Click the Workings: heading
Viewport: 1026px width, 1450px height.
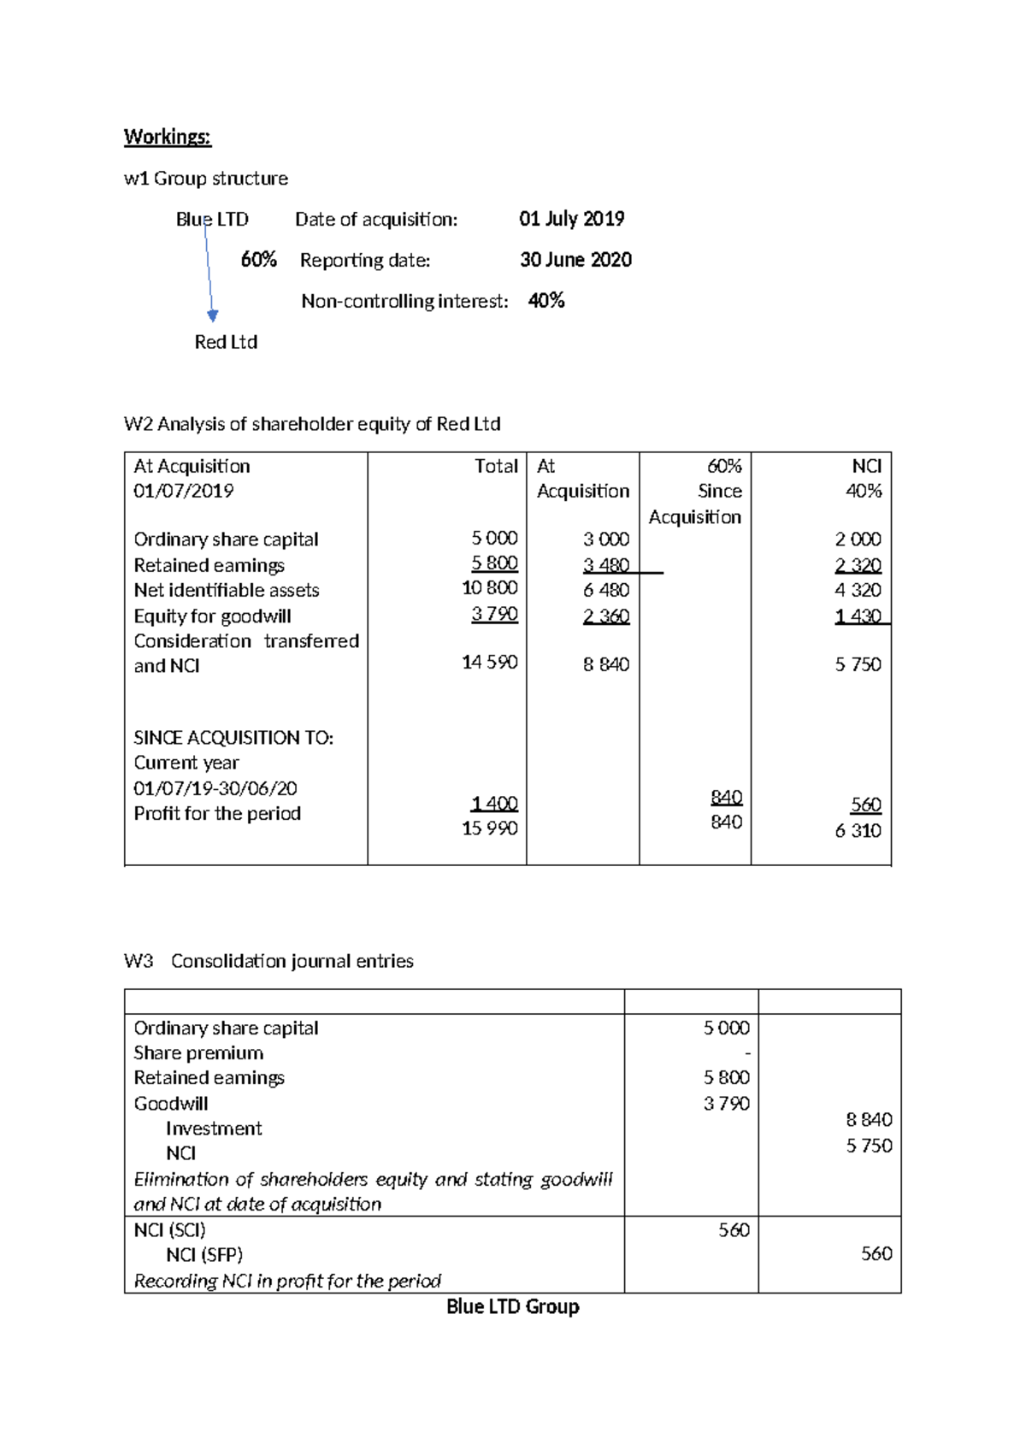tap(167, 137)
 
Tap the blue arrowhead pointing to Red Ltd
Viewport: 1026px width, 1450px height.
tap(213, 315)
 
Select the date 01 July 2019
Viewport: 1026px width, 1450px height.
tap(571, 219)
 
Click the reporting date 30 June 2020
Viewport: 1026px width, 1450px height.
tap(575, 260)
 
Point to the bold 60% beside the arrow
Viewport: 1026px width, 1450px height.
tap(258, 260)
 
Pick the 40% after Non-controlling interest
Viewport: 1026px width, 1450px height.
tap(546, 301)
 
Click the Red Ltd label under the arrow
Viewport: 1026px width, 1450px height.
tap(226, 342)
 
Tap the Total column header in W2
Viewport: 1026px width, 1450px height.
tap(496, 466)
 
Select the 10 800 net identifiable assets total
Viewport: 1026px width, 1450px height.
tap(490, 588)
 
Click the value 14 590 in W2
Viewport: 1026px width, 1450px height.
tap(490, 663)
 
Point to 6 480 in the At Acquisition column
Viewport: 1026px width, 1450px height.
tap(606, 590)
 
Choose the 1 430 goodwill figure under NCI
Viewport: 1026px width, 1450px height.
tap(858, 616)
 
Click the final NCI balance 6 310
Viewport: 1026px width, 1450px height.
tap(858, 830)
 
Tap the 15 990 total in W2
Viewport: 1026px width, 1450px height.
tap(490, 828)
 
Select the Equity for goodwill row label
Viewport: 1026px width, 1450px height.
tap(212, 616)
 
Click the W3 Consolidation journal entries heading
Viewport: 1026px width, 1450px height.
tap(268, 961)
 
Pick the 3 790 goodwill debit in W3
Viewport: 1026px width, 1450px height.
tap(726, 1103)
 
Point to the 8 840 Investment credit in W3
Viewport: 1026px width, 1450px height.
tap(869, 1120)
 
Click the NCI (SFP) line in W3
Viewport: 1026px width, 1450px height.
tap(204, 1255)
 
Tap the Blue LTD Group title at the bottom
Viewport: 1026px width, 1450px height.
tap(513, 1306)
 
